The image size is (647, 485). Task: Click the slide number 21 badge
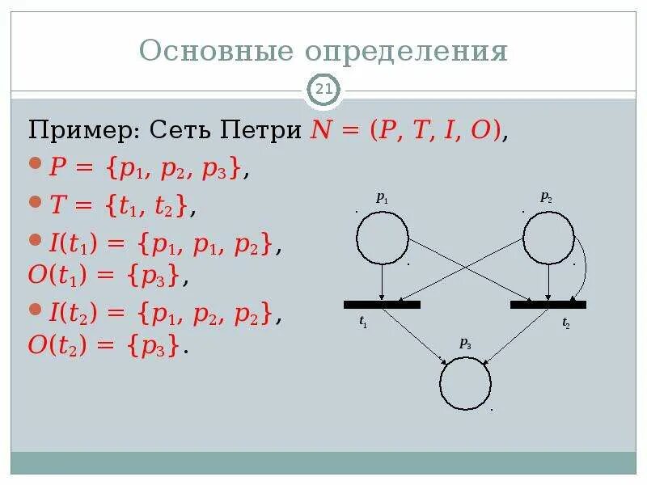click(323, 91)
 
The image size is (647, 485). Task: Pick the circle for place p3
click(465, 384)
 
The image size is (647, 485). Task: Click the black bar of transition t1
click(382, 305)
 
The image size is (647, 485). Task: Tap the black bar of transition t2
click(548, 305)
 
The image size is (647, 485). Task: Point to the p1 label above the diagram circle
click(383, 196)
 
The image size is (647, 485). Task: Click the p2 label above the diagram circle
click(547, 196)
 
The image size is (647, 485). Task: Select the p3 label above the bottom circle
click(466, 343)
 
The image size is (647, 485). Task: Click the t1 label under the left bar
click(363, 322)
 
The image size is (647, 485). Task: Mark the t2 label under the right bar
click(566, 322)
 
